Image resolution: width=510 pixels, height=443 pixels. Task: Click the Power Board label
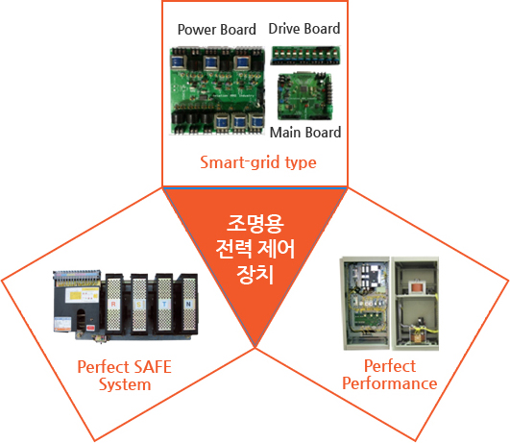pyautogui.click(x=217, y=29)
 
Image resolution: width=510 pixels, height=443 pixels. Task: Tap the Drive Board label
pyautogui.click(x=304, y=29)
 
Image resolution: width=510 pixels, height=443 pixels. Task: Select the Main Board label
pyautogui.click(x=305, y=133)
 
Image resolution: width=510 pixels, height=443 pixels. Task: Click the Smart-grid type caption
pyautogui.click(x=258, y=162)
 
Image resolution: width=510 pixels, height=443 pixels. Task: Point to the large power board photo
pyautogui.click(x=217, y=90)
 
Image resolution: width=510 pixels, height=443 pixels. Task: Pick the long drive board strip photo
pyautogui.click(x=305, y=56)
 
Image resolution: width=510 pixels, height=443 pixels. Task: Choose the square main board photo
pyautogui.click(x=305, y=96)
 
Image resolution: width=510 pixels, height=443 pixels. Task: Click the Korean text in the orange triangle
pyautogui.click(x=255, y=249)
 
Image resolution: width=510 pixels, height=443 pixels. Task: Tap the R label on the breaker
pyautogui.click(x=113, y=304)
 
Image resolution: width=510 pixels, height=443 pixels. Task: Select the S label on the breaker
pyautogui.click(x=139, y=305)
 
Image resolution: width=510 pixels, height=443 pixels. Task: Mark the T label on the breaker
pyautogui.click(x=164, y=305)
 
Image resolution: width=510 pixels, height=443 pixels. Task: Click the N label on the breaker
pyautogui.click(x=188, y=305)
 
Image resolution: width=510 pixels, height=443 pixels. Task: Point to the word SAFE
pyautogui.click(x=153, y=367)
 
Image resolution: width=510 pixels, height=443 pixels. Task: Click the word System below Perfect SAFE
pyautogui.click(x=125, y=384)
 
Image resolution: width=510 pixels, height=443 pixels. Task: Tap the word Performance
pyautogui.click(x=390, y=383)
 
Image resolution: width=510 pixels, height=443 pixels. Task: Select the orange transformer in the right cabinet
pyautogui.click(x=417, y=287)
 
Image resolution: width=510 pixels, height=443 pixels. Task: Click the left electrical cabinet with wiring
pyautogui.click(x=365, y=303)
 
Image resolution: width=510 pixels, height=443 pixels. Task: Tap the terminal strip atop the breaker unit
pyautogui.click(x=77, y=278)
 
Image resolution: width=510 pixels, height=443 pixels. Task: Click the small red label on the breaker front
pyautogui.click(x=90, y=328)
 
